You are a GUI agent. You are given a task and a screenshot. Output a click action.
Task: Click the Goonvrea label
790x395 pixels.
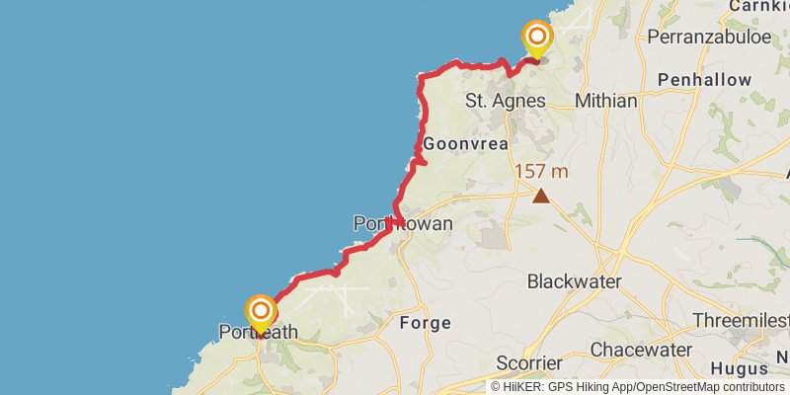(465, 144)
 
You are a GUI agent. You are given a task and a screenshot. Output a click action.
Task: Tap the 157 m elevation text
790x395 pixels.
(541, 172)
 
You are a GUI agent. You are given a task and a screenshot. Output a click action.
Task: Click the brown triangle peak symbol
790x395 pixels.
(541, 196)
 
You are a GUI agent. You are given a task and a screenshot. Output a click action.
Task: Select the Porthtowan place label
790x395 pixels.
(403, 224)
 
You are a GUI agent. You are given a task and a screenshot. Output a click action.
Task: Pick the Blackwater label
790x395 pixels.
(574, 281)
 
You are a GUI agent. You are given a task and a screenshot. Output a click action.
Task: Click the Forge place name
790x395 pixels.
(425, 323)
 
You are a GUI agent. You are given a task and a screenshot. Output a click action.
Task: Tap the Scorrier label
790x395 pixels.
(528, 362)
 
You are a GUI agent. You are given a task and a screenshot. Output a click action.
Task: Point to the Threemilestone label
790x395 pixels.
(754, 322)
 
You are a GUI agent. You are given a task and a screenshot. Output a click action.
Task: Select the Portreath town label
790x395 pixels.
(259, 333)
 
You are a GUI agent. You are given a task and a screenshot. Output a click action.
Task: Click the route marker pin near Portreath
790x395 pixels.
(261, 314)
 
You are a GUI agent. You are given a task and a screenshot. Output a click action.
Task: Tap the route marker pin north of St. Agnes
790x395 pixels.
(537, 39)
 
